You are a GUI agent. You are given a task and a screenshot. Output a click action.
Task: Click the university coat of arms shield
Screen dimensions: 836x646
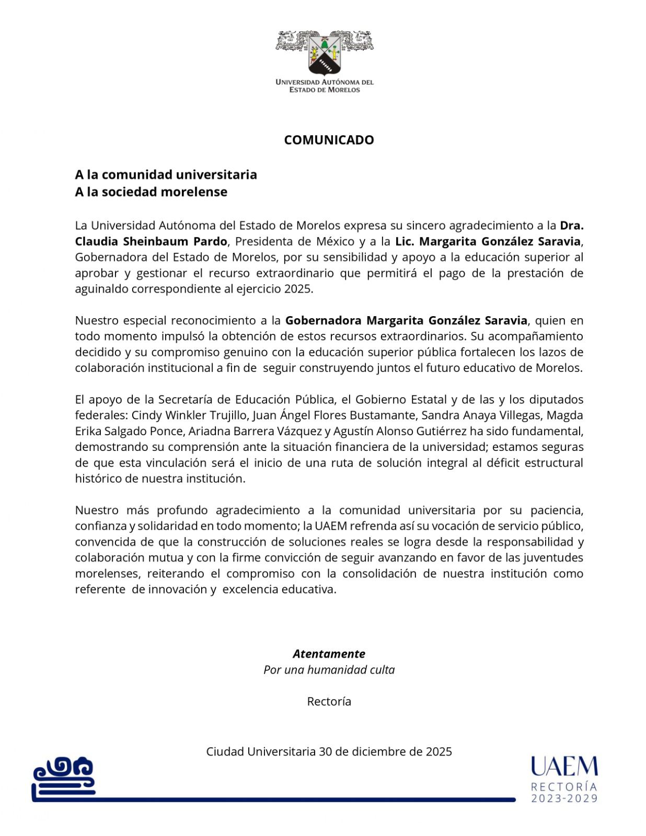tap(325, 54)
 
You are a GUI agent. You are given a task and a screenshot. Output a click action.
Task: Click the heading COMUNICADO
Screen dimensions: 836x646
tap(329, 140)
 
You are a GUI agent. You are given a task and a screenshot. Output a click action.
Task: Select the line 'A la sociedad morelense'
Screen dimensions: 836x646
tap(151, 192)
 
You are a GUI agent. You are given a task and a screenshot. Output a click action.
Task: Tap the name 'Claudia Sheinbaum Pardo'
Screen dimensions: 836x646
tap(151, 241)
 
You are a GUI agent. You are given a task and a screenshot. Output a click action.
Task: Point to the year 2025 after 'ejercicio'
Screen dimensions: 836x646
tap(298, 289)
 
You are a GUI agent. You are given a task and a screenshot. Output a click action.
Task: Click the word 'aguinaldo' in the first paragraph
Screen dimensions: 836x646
tap(100, 289)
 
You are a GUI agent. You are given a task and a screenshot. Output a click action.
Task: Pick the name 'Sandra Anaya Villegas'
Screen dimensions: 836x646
tap(476, 415)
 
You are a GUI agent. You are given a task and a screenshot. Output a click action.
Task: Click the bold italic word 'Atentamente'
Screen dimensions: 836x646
tap(329, 654)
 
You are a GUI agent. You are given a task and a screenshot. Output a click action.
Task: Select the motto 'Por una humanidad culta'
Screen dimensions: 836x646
tap(329, 670)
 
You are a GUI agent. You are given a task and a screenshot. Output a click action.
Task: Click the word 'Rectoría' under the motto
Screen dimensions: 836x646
tap(329, 702)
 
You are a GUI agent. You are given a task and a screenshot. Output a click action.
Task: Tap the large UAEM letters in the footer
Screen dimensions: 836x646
tap(564, 767)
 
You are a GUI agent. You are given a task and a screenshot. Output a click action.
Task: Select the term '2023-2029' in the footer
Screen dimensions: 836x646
tap(564, 798)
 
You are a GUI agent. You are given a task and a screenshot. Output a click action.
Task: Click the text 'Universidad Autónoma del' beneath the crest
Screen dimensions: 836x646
tap(325, 82)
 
